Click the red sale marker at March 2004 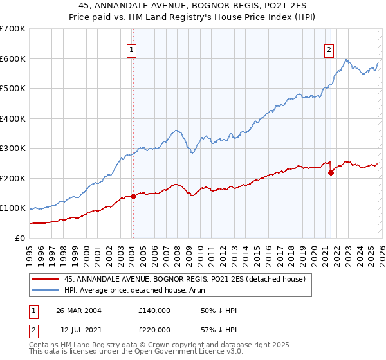[134, 196]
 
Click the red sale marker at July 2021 [331, 172]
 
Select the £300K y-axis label [13, 148]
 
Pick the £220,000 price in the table [154, 329]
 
